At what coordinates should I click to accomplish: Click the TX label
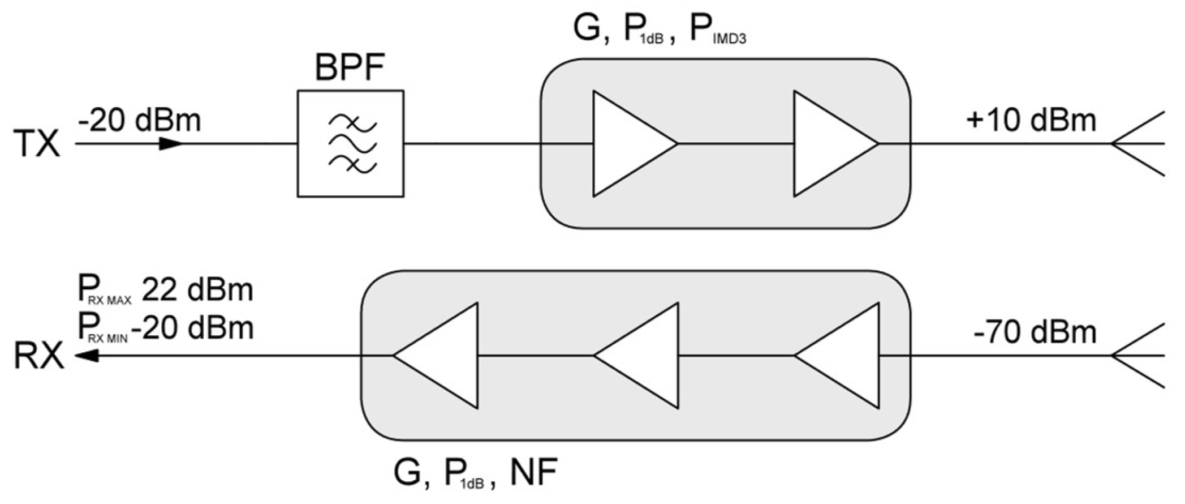point(37,144)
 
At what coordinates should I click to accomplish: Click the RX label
point(38,357)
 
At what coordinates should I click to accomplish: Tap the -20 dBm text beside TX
point(139,121)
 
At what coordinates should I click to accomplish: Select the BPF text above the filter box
point(350,68)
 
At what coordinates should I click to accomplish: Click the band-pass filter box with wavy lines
point(351,144)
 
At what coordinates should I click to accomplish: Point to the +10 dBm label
point(1031,121)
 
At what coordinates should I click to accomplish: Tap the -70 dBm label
point(1035,332)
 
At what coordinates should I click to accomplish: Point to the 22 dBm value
point(197,290)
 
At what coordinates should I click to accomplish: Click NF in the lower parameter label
point(533,473)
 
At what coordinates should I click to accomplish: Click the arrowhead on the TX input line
point(170,144)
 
